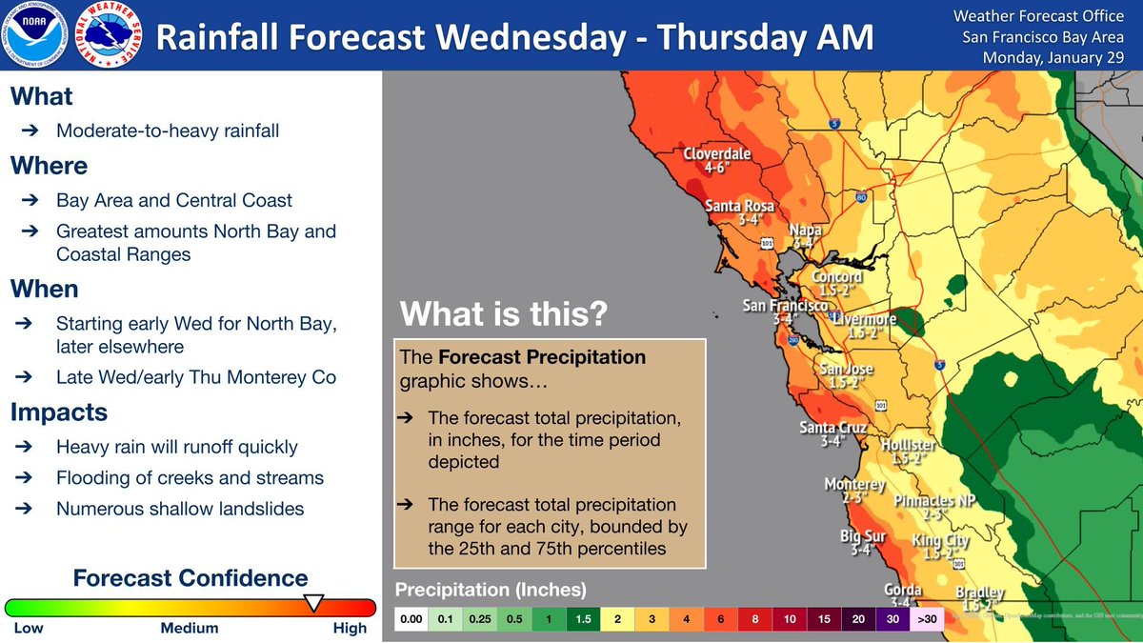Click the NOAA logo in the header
[36, 36]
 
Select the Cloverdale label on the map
[717, 160]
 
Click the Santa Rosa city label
[740, 211]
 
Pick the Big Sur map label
[863, 543]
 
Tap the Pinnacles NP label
[934, 507]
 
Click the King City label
[940, 547]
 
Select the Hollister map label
[908, 452]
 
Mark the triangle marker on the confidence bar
[312, 602]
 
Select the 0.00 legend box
[411, 619]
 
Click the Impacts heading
[58, 412]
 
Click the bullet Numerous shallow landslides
[180, 509]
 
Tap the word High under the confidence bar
[350, 628]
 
